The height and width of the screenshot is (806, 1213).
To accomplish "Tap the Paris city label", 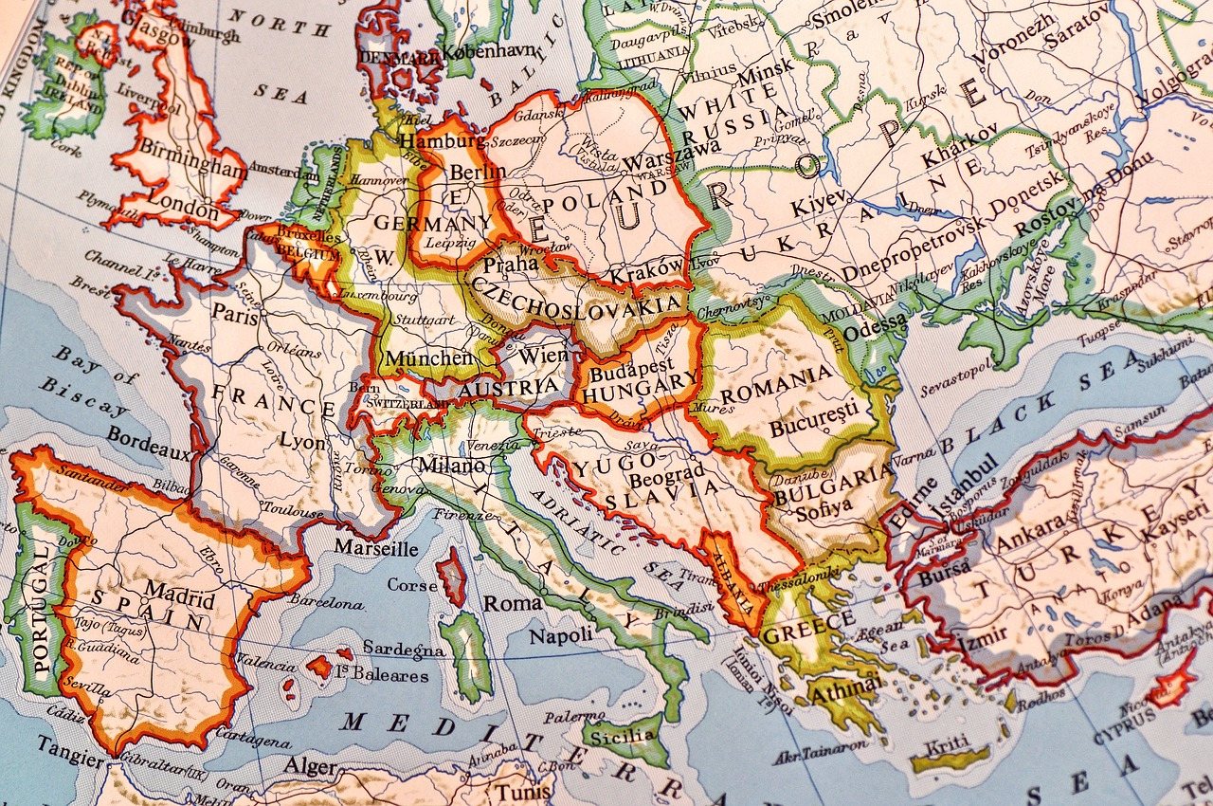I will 235,315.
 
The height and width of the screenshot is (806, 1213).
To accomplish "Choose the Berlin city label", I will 478,172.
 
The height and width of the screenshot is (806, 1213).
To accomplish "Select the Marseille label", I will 376,548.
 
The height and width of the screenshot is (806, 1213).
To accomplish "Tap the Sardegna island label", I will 404,650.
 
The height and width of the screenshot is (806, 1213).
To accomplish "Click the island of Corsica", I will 452,577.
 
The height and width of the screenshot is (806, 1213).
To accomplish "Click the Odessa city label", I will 875,331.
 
